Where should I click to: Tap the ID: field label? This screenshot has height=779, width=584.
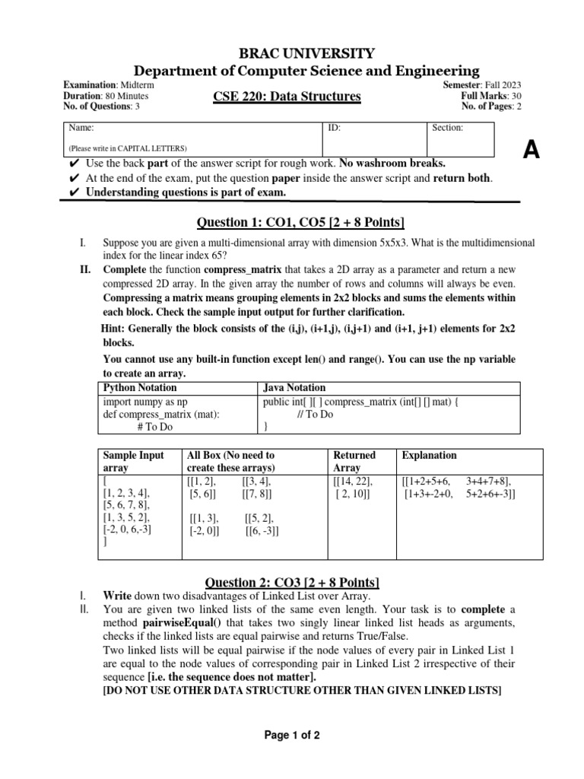pos(334,129)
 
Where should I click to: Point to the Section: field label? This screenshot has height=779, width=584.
pos(448,129)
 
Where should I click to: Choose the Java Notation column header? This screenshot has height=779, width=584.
pos(294,387)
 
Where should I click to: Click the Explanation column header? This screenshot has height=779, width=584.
pos(429,455)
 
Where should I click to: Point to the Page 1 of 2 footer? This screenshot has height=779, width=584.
pos(292,735)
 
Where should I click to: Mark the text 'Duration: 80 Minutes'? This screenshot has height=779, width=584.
pos(106,97)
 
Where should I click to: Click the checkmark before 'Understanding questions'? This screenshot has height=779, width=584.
pos(74,192)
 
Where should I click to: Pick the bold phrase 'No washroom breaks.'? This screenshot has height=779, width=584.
pos(392,164)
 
